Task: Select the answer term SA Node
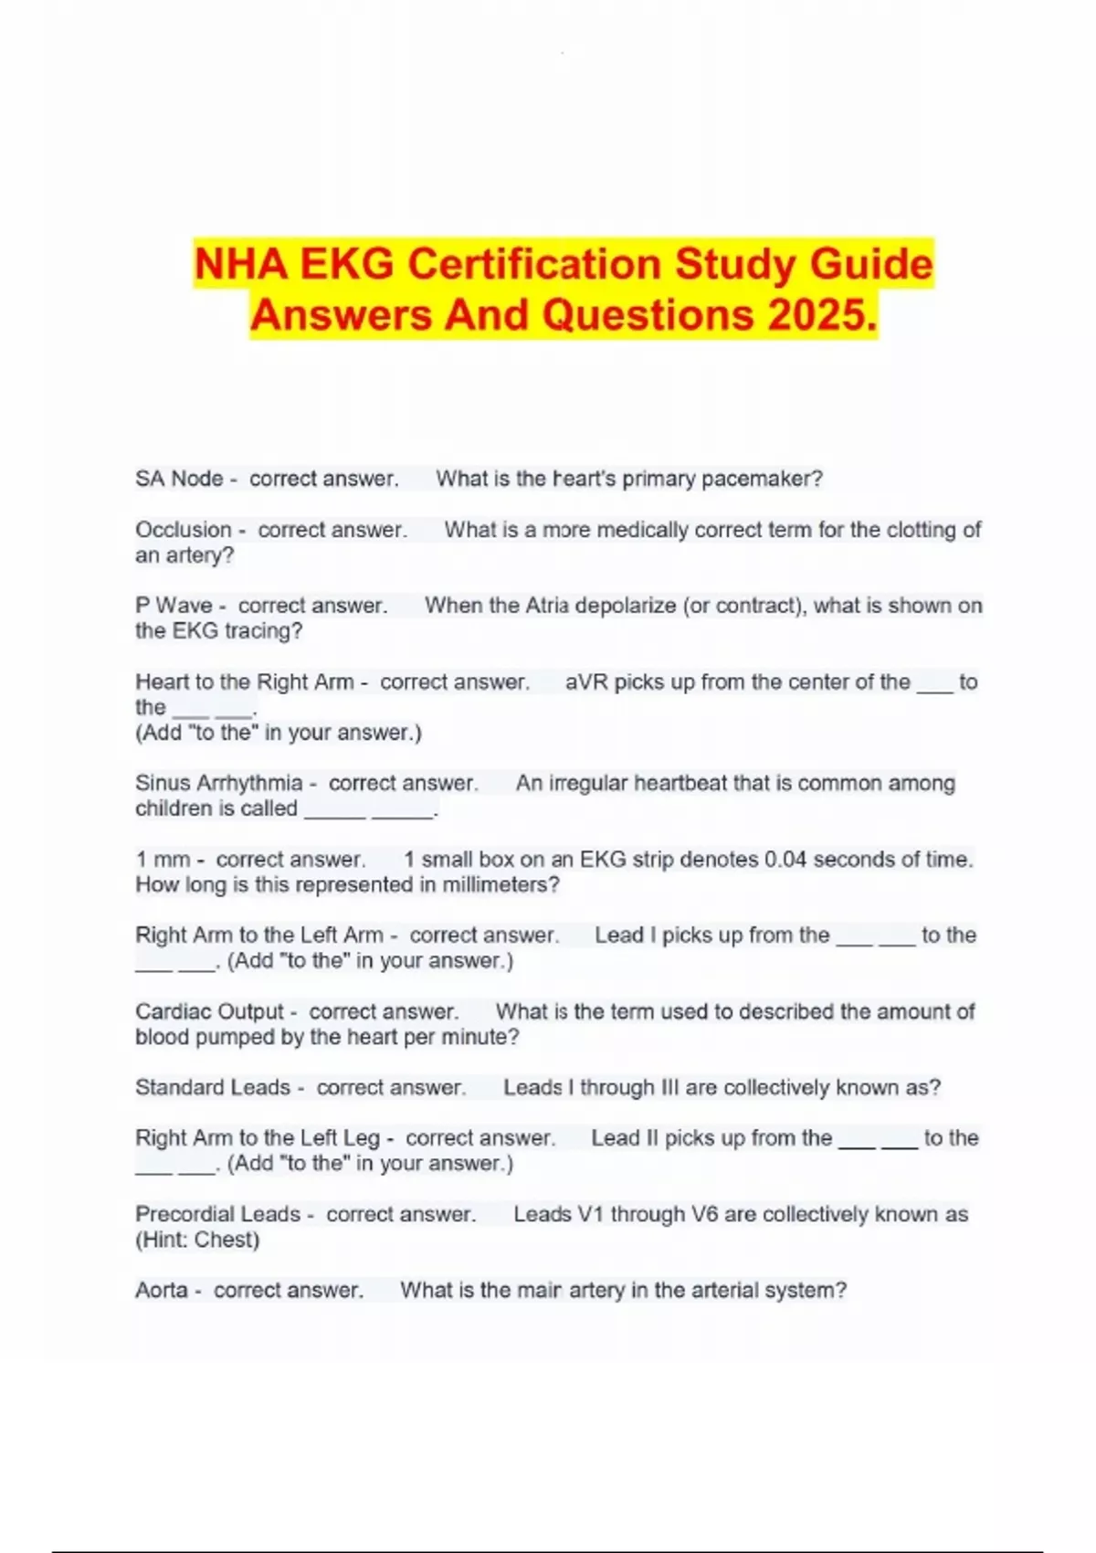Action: [x=179, y=479]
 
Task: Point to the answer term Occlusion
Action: [x=184, y=530]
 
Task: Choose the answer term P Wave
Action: [x=174, y=606]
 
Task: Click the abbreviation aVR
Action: [x=586, y=682]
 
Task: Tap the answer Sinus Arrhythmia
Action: [x=218, y=783]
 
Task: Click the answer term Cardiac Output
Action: [x=209, y=1012]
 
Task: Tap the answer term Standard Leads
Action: [x=212, y=1088]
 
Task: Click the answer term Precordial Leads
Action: [x=217, y=1215]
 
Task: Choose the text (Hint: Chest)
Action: [x=197, y=1241]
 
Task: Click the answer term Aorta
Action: [x=162, y=1291]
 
